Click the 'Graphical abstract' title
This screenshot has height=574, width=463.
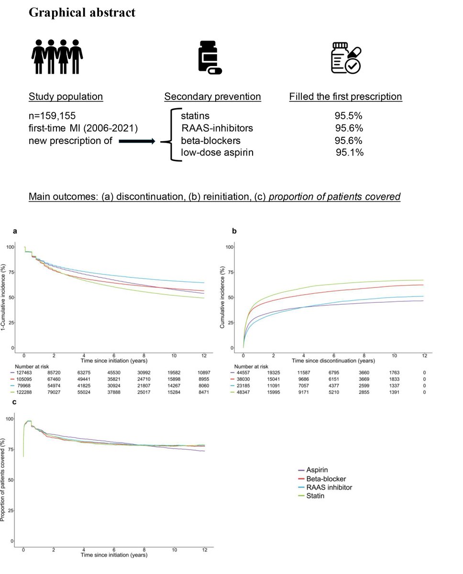click(82, 12)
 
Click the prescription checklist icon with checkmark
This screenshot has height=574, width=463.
click(346, 57)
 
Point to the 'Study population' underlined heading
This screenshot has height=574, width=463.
click(66, 97)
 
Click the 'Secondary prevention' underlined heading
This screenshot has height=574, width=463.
click(212, 97)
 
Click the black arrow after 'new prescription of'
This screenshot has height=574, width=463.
click(137, 142)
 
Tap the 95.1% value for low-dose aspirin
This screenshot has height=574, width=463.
click(350, 153)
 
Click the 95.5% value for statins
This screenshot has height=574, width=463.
click(349, 116)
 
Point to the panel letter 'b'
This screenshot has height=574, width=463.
click(234, 232)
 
